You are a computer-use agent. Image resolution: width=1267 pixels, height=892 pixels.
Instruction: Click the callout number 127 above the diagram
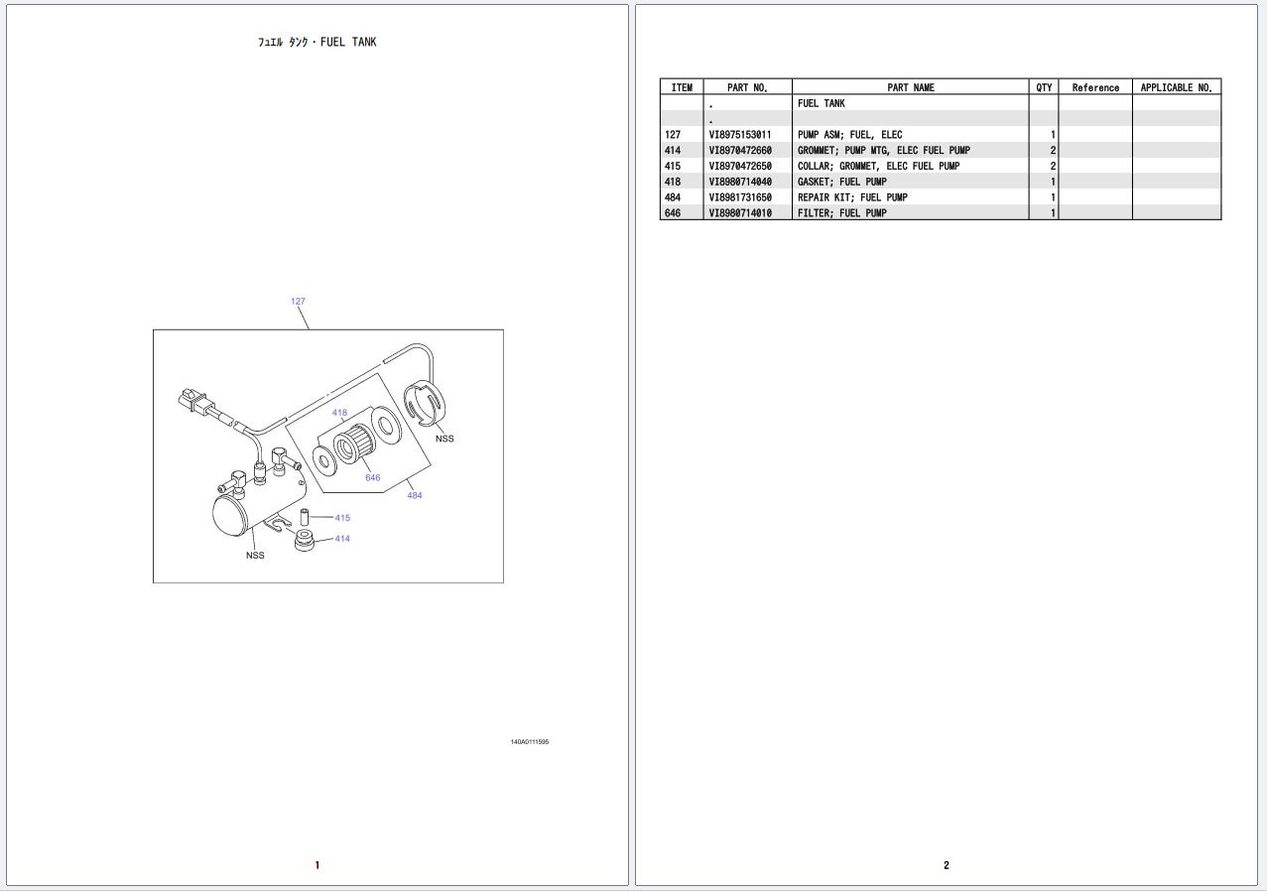(298, 301)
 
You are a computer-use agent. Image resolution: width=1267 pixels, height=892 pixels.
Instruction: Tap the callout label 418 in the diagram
(339, 413)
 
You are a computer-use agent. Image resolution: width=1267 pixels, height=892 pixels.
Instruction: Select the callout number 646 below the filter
(372, 477)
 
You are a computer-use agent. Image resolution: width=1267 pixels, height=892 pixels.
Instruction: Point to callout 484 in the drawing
(414, 495)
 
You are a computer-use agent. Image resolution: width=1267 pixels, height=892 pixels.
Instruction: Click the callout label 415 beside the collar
(342, 518)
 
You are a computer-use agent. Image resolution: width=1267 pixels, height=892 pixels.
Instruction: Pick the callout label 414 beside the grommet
(342, 539)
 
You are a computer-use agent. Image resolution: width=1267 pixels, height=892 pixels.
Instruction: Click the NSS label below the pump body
(255, 555)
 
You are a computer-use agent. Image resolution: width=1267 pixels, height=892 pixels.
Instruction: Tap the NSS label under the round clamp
(444, 439)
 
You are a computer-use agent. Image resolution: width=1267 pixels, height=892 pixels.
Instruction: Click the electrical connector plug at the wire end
(193, 400)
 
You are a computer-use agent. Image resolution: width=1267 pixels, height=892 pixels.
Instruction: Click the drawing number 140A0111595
(529, 742)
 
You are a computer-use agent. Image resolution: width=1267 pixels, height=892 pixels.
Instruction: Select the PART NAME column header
(910, 87)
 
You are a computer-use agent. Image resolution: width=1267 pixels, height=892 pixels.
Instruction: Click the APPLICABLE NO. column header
(1176, 87)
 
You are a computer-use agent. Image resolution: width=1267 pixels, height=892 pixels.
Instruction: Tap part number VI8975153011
(739, 135)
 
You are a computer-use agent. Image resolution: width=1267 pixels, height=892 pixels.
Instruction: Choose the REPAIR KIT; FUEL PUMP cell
(851, 197)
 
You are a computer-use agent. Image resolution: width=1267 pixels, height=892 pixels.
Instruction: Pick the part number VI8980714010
(739, 213)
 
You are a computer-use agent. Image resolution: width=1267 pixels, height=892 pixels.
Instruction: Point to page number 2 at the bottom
(946, 865)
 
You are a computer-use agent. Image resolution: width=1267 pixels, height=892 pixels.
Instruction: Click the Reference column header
(1095, 87)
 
